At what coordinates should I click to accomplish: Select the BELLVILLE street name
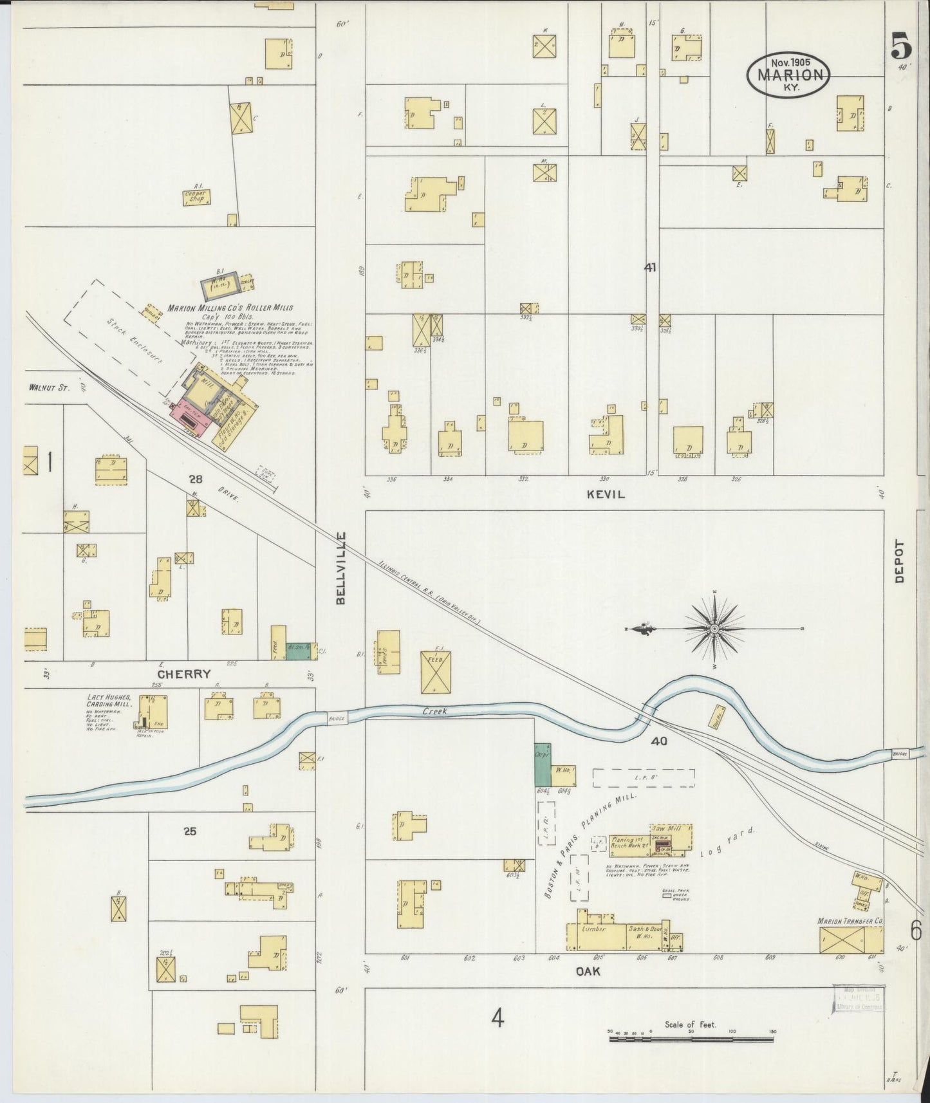pos(340,568)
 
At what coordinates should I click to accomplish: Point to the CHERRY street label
pos(184,674)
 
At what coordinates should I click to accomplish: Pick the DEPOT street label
pos(899,561)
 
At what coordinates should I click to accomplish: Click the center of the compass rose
pos(714,627)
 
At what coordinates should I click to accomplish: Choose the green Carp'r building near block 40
pos(543,764)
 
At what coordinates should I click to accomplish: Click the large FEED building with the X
pos(436,672)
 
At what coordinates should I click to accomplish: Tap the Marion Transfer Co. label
pos(850,922)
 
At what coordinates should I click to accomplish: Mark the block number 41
pos(650,268)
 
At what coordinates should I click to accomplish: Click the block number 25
pos(189,831)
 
